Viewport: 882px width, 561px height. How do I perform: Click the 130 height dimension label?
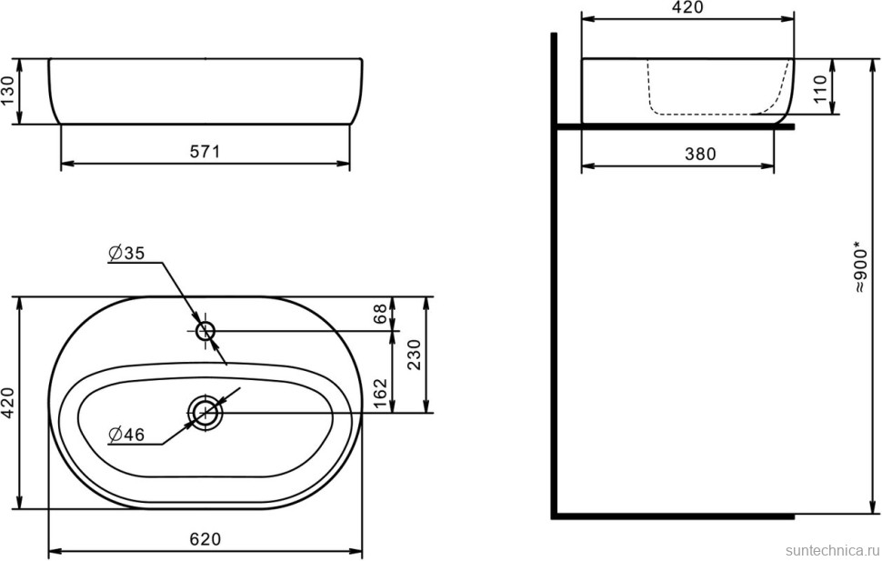click(7, 91)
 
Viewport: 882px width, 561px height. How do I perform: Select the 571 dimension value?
click(205, 151)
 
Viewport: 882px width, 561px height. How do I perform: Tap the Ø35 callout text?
click(126, 253)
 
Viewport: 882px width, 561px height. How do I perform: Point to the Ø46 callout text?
click(126, 435)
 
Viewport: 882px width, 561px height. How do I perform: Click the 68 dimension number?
click(380, 314)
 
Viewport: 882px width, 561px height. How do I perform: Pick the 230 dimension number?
click(414, 354)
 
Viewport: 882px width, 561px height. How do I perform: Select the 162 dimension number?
click(380, 394)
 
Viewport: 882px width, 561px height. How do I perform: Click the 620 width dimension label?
click(205, 539)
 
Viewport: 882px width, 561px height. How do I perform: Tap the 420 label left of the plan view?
click(8, 402)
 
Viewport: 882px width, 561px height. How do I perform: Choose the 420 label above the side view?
click(687, 7)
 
